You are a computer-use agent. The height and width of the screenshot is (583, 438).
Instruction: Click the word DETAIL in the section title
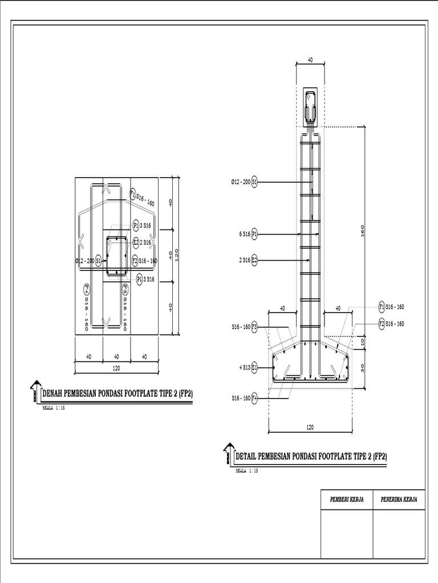tap(246, 456)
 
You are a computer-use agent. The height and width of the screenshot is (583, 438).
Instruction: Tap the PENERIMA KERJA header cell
tap(399, 499)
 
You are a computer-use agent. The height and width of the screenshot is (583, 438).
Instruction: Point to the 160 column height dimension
tap(363, 230)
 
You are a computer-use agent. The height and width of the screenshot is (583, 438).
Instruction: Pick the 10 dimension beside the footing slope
tap(363, 342)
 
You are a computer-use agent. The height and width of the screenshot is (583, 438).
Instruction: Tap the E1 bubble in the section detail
tap(254, 368)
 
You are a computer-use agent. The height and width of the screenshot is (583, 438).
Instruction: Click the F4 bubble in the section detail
tap(254, 399)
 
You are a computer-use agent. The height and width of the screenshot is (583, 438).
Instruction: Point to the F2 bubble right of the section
tap(382, 323)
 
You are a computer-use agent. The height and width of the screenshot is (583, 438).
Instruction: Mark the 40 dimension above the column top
tap(310, 59)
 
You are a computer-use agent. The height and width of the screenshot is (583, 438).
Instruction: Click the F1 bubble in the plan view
tap(132, 194)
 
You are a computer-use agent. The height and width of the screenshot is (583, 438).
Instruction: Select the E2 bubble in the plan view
tap(136, 243)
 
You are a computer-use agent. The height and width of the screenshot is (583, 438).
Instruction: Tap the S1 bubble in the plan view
tap(99, 260)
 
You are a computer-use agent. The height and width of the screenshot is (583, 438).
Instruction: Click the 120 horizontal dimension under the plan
tap(116, 368)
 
